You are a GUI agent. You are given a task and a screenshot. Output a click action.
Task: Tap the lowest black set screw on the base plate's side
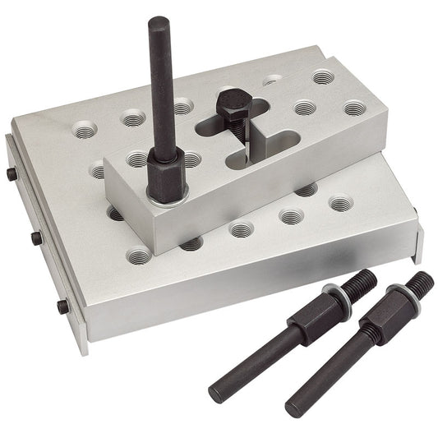(62, 307)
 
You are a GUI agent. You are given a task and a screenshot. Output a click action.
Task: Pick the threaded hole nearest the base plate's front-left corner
(140, 257)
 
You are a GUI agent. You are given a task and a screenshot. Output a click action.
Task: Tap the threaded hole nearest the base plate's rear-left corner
(83, 129)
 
